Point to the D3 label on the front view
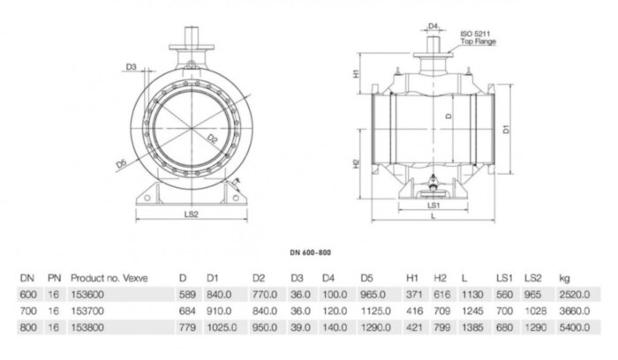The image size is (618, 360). point(131,66)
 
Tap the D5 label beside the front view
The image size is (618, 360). point(120,163)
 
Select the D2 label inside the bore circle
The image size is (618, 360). point(213,139)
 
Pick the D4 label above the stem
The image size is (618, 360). point(433,26)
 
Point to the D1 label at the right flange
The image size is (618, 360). point(507,130)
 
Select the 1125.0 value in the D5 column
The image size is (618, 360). point(375,311)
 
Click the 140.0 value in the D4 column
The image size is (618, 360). point(334,327)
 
